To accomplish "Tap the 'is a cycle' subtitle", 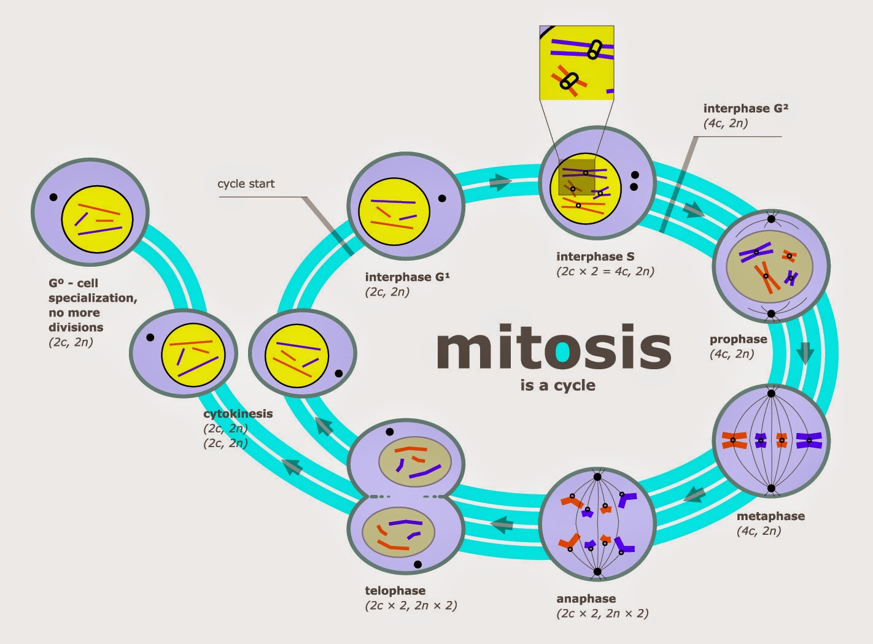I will [x=557, y=386].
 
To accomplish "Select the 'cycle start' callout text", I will [x=246, y=183].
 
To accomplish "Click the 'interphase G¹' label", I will [x=407, y=277].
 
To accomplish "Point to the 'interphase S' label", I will [x=595, y=256].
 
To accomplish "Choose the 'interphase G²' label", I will [x=745, y=109].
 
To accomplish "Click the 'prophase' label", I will [x=738, y=339].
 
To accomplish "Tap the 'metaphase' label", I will [x=770, y=516].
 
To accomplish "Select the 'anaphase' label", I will [x=586, y=599].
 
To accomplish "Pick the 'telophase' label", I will [x=395, y=591].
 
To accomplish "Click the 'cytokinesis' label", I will [x=238, y=413].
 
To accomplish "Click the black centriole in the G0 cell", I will [x=53, y=197].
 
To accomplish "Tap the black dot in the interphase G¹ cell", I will [x=442, y=198].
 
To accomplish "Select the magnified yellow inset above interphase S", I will [x=576, y=63].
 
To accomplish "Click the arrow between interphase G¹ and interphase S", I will [x=500, y=182].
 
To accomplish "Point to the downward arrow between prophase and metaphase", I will [x=805, y=354].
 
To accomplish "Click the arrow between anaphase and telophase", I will [x=502, y=524].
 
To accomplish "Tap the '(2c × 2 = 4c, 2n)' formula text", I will [x=605, y=271].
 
